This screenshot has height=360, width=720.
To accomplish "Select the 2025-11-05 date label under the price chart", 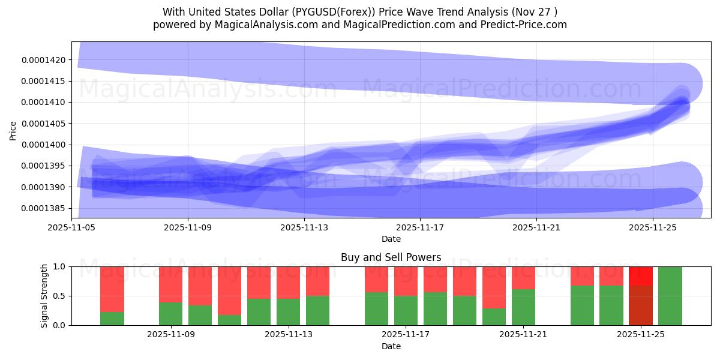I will [72, 227].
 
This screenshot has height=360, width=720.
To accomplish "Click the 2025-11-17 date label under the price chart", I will [420, 227].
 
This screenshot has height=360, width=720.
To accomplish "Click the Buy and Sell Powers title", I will [391, 257].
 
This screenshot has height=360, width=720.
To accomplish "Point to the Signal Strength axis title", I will [44, 296].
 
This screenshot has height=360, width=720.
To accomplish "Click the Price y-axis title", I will [13, 130].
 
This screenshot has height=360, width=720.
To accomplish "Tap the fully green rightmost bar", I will [670, 296].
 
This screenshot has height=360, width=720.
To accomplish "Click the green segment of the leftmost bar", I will [112, 319].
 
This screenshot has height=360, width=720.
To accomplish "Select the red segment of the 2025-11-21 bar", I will [524, 277].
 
